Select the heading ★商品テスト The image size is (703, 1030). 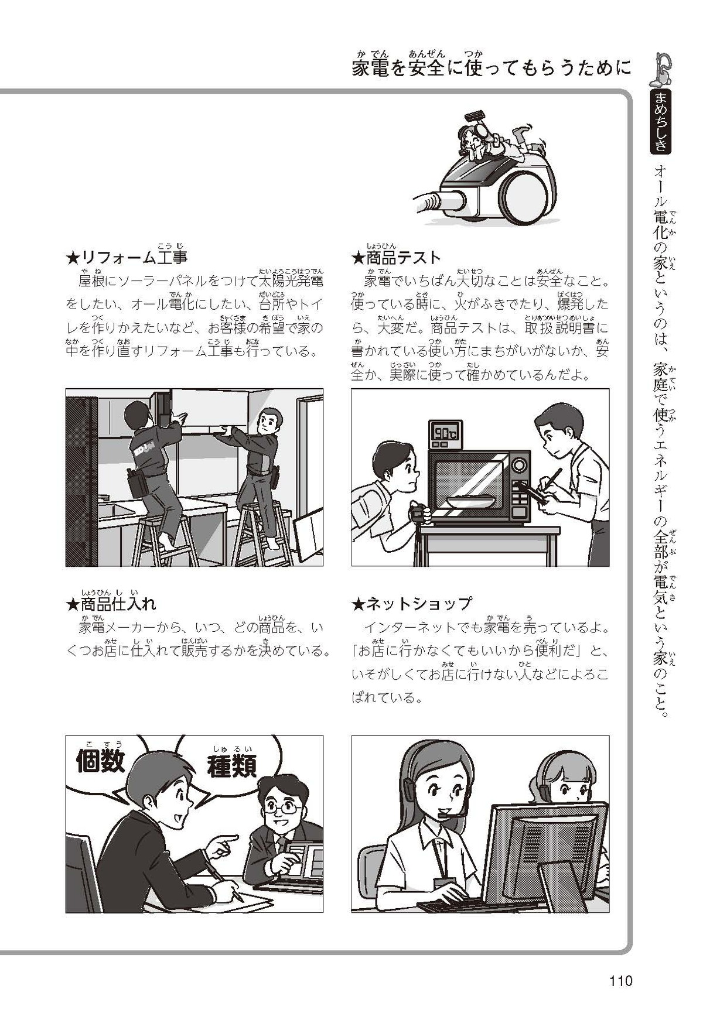[x=395, y=257]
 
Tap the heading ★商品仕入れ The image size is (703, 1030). [x=111, y=603]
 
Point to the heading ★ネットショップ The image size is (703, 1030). [x=411, y=603]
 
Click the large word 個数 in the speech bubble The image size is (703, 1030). [x=100, y=761]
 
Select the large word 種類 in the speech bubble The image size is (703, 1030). [x=232, y=766]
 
